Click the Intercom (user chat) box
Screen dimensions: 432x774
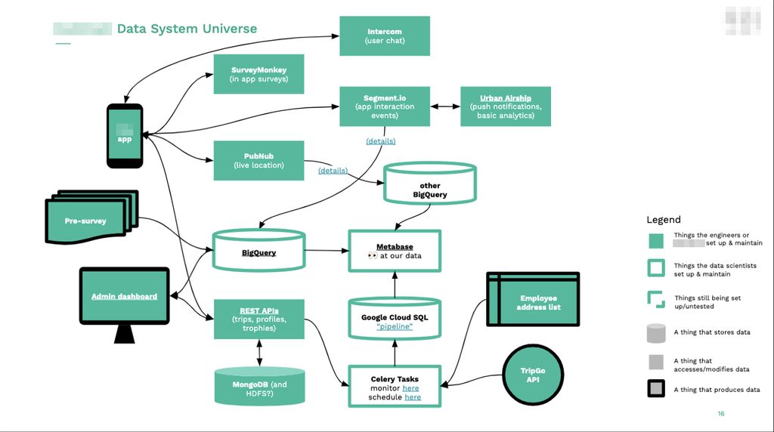[x=385, y=35]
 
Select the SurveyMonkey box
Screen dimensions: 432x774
[x=259, y=74]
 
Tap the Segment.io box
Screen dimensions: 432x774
[x=385, y=106]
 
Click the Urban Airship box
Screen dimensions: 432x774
[x=506, y=106]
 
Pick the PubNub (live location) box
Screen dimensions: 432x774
[x=259, y=160]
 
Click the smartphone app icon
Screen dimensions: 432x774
[x=125, y=136]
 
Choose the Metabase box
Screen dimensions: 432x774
[x=394, y=251]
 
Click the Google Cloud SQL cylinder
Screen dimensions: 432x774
[x=394, y=320]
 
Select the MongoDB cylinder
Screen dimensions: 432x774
[x=259, y=387]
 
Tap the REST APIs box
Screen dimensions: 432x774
[x=259, y=319]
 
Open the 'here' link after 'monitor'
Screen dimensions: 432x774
[x=410, y=388]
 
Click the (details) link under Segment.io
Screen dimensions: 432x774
[x=380, y=141]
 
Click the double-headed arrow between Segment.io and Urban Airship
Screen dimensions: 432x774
[x=445, y=106]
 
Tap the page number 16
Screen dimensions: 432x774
[x=720, y=414]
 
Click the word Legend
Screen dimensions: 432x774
[x=663, y=220]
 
